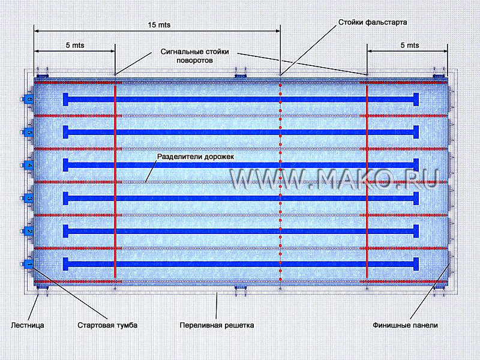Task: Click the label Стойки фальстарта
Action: (x=373, y=22)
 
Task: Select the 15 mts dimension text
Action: (x=159, y=25)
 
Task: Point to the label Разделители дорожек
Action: (x=199, y=157)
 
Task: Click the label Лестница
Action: (x=28, y=326)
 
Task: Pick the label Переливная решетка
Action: (x=217, y=326)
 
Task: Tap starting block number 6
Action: (x=28, y=99)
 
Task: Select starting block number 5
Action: (x=28, y=132)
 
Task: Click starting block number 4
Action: (x=28, y=165)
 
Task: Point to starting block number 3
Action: (x=28, y=198)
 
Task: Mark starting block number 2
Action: (x=28, y=231)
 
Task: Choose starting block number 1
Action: (x=28, y=264)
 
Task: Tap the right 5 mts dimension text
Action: (x=409, y=45)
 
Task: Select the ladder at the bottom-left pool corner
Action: (x=43, y=292)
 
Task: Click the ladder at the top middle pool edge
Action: (x=240, y=73)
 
